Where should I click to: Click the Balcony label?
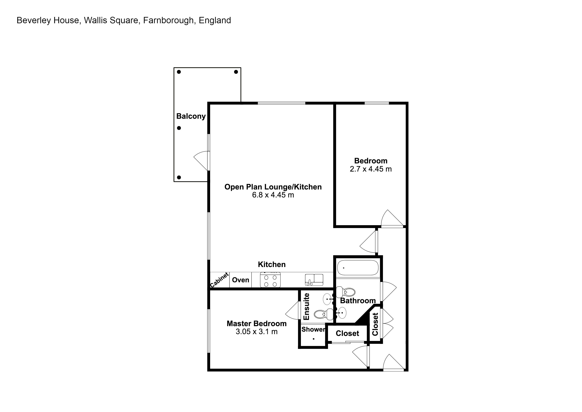[x=191, y=116]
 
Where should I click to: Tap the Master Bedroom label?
[x=256, y=323]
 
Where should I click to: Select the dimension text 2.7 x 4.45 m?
[x=371, y=169]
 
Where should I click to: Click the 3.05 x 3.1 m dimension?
[x=256, y=332]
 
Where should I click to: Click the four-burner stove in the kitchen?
[x=270, y=280]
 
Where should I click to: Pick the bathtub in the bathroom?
[x=358, y=268]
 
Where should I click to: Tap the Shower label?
[x=313, y=329]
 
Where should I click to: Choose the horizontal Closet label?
[x=347, y=333]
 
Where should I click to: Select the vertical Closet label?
[x=375, y=324]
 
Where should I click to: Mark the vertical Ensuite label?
[x=306, y=306]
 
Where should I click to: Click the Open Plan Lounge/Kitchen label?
[x=273, y=187]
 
